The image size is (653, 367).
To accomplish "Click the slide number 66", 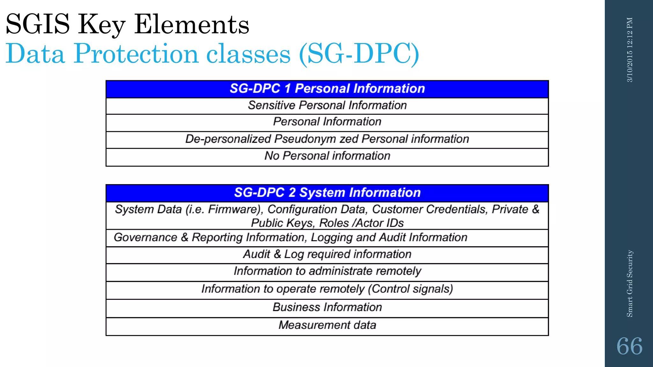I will tap(629, 346).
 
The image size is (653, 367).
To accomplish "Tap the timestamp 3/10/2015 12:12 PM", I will tap(630, 50).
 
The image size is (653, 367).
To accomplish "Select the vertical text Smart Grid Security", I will tap(630, 284).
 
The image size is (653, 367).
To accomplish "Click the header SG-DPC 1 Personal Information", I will tap(327, 89).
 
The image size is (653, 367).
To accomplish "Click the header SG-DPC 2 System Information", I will tap(327, 193).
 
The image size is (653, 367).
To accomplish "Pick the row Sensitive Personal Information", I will tap(327, 105).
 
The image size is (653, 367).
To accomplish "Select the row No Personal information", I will tap(327, 156).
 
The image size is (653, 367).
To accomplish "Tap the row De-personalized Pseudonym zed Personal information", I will tap(327, 139).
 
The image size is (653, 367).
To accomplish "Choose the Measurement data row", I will tap(327, 325).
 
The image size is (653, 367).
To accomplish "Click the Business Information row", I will tap(327, 307).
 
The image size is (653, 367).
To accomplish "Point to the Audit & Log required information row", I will tap(327, 254).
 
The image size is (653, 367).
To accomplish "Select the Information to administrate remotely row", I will tap(327, 271).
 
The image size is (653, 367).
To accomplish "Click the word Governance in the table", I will tap(145, 237).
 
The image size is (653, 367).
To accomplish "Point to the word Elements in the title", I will tap(191, 25).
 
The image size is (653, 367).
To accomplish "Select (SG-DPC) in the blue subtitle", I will tap(359, 54).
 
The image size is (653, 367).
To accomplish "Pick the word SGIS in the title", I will tap(38, 25).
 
